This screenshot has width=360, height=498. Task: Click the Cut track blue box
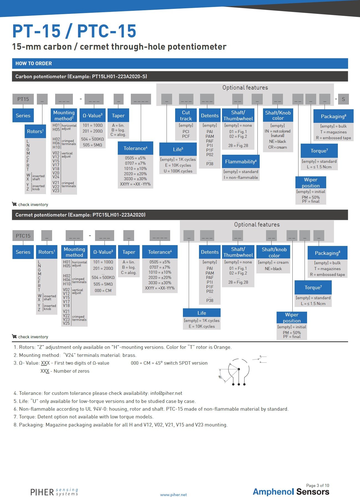point(186,116)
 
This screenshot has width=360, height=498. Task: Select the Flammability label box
point(241,162)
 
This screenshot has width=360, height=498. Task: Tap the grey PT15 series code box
point(23,99)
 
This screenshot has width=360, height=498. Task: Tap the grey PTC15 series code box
point(23,236)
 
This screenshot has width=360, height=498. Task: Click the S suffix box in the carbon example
point(343,99)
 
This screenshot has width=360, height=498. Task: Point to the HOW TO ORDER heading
point(34,63)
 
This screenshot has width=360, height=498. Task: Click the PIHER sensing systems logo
point(54,492)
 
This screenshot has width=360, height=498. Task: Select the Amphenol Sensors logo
point(291,492)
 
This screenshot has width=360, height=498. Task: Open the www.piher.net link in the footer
point(173,495)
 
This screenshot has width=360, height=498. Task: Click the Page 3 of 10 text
point(318,486)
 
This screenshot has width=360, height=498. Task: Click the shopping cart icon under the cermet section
point(14,336)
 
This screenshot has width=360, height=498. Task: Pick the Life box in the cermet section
point(202,313)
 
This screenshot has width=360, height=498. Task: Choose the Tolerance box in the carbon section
point(135,148)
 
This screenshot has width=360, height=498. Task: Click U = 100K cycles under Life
point(178,171)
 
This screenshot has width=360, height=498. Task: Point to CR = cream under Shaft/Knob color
point(277,147)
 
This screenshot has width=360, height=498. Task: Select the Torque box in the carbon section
point(319,151)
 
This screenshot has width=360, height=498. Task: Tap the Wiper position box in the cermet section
point(292,317)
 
